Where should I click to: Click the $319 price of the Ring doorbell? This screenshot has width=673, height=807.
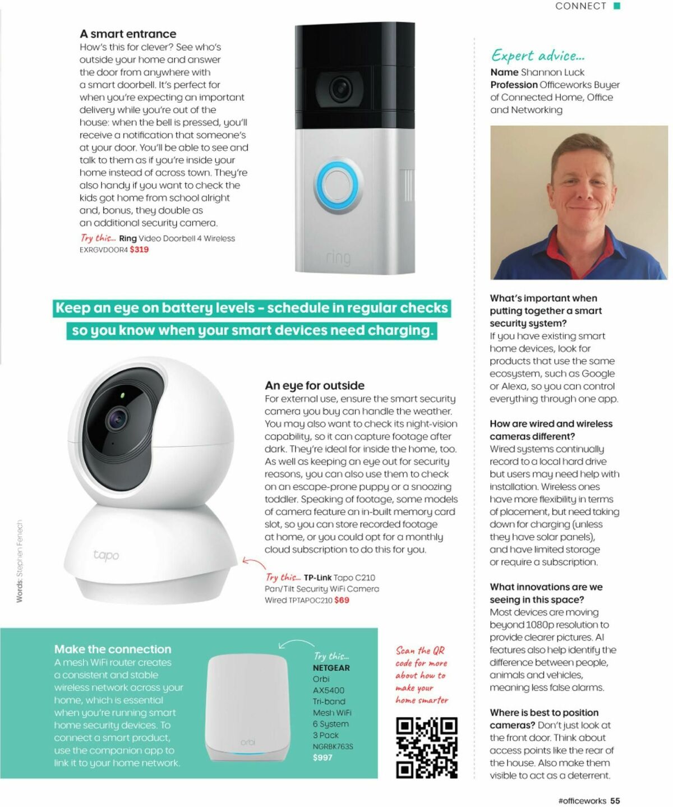click(139, 250)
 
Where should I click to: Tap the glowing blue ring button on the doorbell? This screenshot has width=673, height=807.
click(337, 185)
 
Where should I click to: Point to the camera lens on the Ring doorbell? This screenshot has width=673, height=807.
click(339, 88)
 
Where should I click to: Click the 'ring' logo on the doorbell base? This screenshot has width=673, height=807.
click(338, 258)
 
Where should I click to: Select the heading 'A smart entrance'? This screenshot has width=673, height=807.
click(128, 34)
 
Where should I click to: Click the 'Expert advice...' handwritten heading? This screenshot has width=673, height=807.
click(538, 56)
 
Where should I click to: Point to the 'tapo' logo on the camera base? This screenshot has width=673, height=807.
click(106, 555)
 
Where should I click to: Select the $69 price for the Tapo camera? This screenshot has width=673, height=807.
click(342, 600)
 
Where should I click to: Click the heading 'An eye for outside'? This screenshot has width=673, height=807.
click(315, 386)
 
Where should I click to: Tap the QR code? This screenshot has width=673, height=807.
click(427, 748)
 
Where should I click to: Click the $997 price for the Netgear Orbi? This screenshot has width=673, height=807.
click(322, 758)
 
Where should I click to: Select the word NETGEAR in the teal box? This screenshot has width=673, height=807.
click(331, 668)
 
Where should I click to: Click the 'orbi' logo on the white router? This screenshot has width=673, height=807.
click(247, 742)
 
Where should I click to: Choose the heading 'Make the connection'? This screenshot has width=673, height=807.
click(113, 649)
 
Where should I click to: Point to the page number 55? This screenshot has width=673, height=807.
click(615, 801)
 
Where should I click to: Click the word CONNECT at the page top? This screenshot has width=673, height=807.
click(580, 6)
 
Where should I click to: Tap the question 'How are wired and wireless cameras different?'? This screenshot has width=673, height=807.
click(551, 430)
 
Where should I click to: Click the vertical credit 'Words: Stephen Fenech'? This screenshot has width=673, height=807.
click(20, 561)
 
